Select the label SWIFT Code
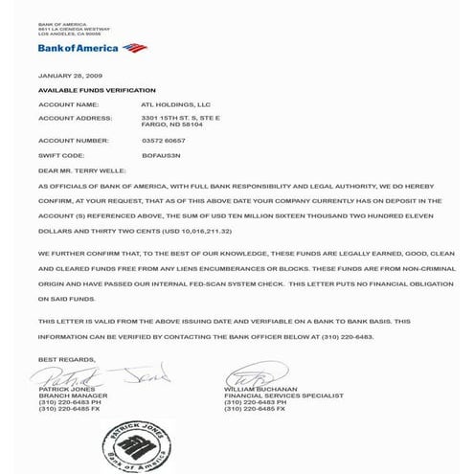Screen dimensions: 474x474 [x=61, y=155]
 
